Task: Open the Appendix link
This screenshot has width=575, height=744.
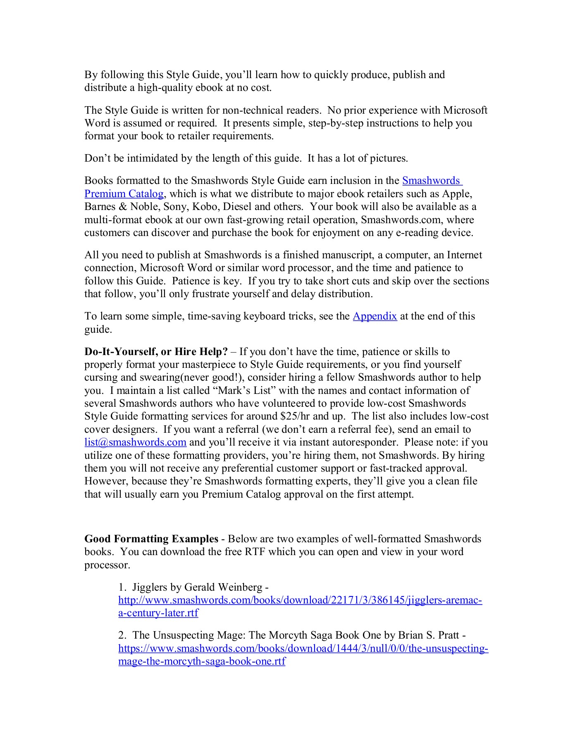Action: coord(375,316)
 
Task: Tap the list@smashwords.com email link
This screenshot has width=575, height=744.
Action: coord(135,442)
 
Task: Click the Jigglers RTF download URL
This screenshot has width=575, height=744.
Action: coord(300,600)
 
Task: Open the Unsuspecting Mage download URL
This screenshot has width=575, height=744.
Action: coord(303,648)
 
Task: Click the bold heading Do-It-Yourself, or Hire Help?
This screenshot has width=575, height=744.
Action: coord(156,352)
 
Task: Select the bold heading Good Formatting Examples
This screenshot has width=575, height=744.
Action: coord(151,539)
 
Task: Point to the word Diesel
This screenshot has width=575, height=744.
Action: coord(237,207)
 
